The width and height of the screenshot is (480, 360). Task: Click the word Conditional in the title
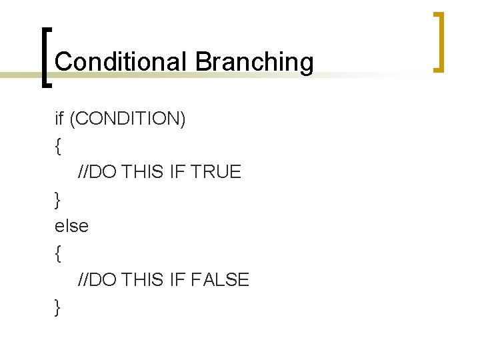pos(121,62)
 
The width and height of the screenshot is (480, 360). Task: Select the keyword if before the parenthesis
pos(59,119)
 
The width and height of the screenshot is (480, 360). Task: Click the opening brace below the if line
pos(59,146)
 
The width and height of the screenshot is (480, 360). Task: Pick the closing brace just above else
pos(58,199)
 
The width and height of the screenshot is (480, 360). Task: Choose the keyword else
pos(71,226)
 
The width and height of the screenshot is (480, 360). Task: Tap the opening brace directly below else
pos(59,253)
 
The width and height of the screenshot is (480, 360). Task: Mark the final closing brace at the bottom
pos(58,307)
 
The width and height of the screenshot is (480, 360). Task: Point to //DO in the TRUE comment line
pos(97,173)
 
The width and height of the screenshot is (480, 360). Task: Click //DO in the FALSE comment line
pos(97,280)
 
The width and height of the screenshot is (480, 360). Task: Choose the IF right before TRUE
pos(177,173)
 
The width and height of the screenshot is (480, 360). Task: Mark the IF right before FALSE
pos(177,280)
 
